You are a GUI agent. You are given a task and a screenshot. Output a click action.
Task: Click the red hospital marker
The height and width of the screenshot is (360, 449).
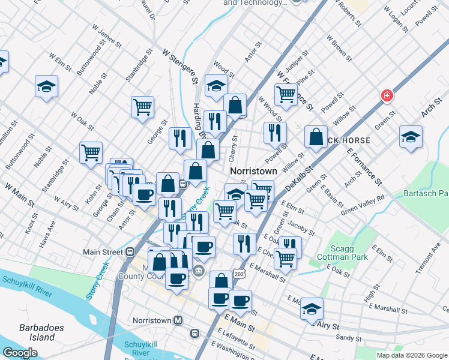(387, 95)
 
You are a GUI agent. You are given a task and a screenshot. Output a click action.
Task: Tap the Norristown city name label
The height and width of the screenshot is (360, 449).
(253, 171)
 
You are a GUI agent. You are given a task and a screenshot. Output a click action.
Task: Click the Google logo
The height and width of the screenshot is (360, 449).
(20, 352)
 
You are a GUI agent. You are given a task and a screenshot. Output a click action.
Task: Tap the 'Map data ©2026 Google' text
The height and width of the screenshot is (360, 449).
(412, 355)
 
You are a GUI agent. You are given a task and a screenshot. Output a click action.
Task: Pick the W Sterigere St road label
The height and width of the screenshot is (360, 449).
(180, 65)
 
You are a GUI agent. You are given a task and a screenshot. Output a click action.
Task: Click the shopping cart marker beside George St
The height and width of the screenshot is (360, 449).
(143, 107)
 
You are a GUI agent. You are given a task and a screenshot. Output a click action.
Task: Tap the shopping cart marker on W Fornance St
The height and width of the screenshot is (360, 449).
(286, 94)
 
